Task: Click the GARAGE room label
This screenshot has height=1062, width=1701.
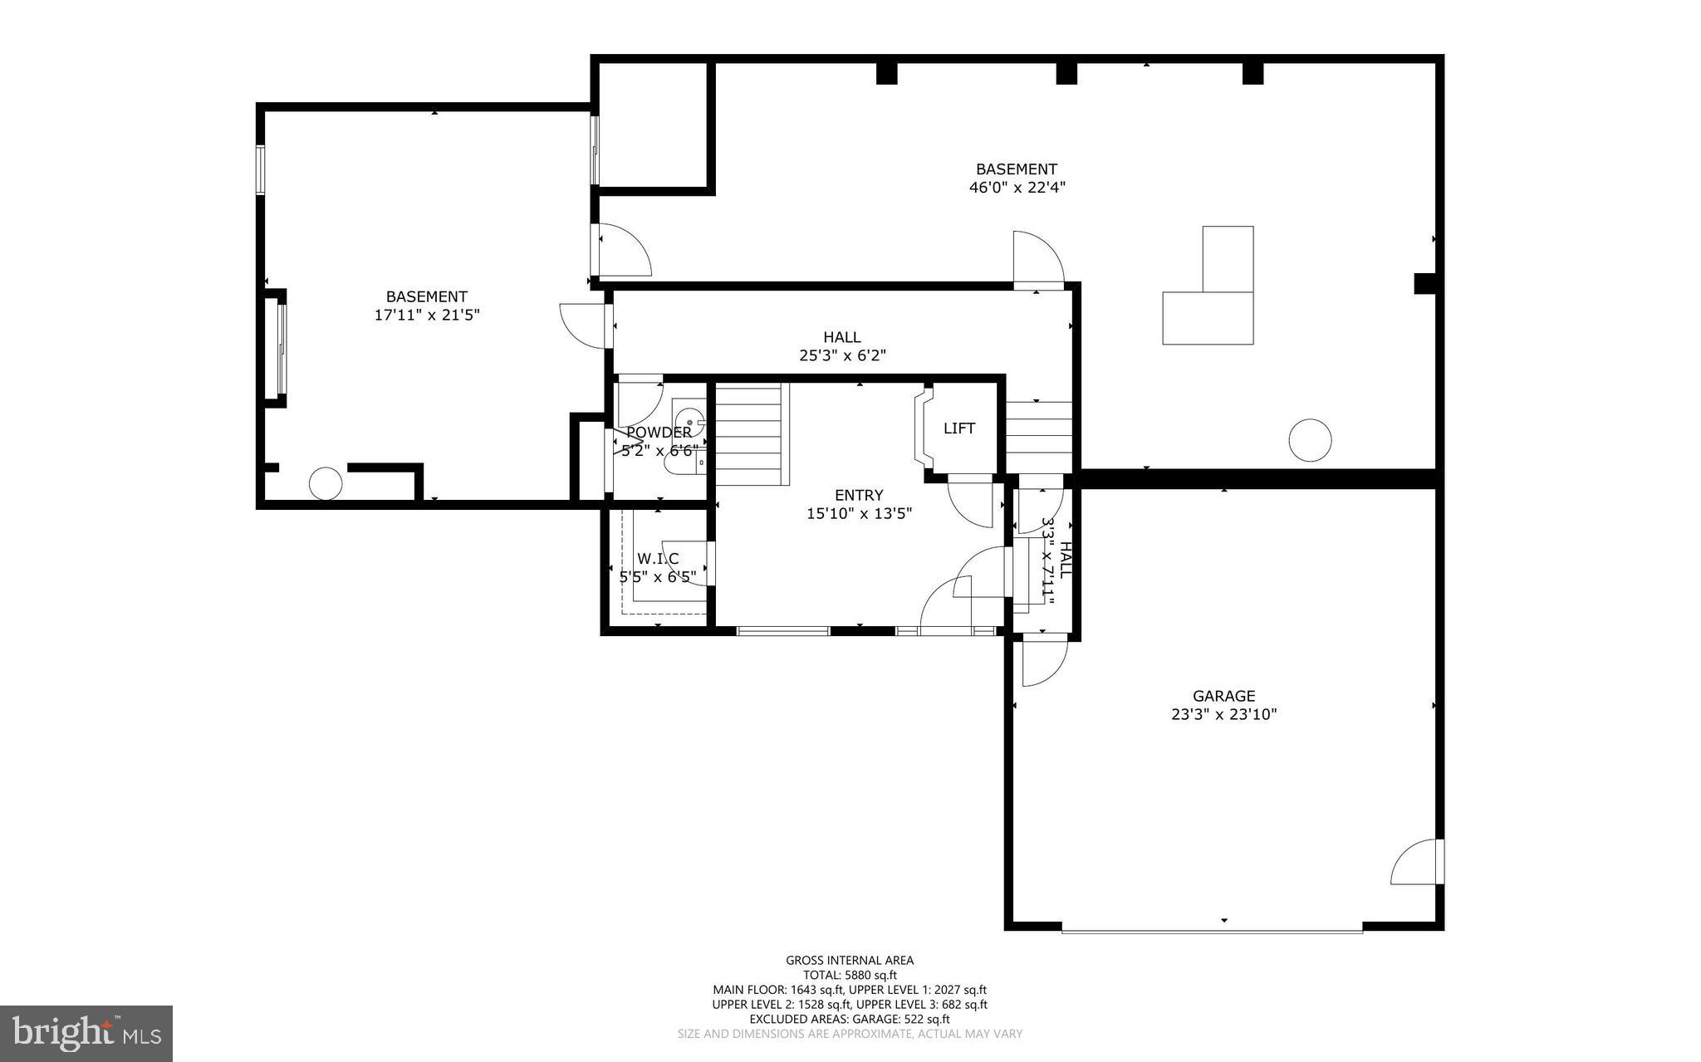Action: [x=1223, y=696]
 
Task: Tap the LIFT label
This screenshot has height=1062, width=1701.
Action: [x=958, y=428]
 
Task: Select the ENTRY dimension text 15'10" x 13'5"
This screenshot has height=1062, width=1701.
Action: [x=859, y=514]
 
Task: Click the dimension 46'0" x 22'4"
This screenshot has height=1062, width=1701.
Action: [x=1017, y=188]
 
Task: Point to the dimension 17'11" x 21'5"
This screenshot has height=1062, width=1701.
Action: [x=427, y=315]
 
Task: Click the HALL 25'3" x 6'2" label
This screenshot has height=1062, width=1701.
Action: [x=841, y=346]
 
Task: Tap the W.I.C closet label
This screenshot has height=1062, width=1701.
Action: [x=658, y=559]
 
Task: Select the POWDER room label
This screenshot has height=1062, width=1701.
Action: [x=659, y=433]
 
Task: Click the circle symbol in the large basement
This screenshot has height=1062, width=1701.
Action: [x=1310, y=440]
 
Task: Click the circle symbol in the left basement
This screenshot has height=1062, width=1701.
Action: [x=325, y=483]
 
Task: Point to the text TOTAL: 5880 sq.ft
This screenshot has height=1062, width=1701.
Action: [x=850, y=976]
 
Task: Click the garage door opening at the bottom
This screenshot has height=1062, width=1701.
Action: [x=1212, y=929]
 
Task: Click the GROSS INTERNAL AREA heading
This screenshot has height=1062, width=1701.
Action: [x=850, y=961]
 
